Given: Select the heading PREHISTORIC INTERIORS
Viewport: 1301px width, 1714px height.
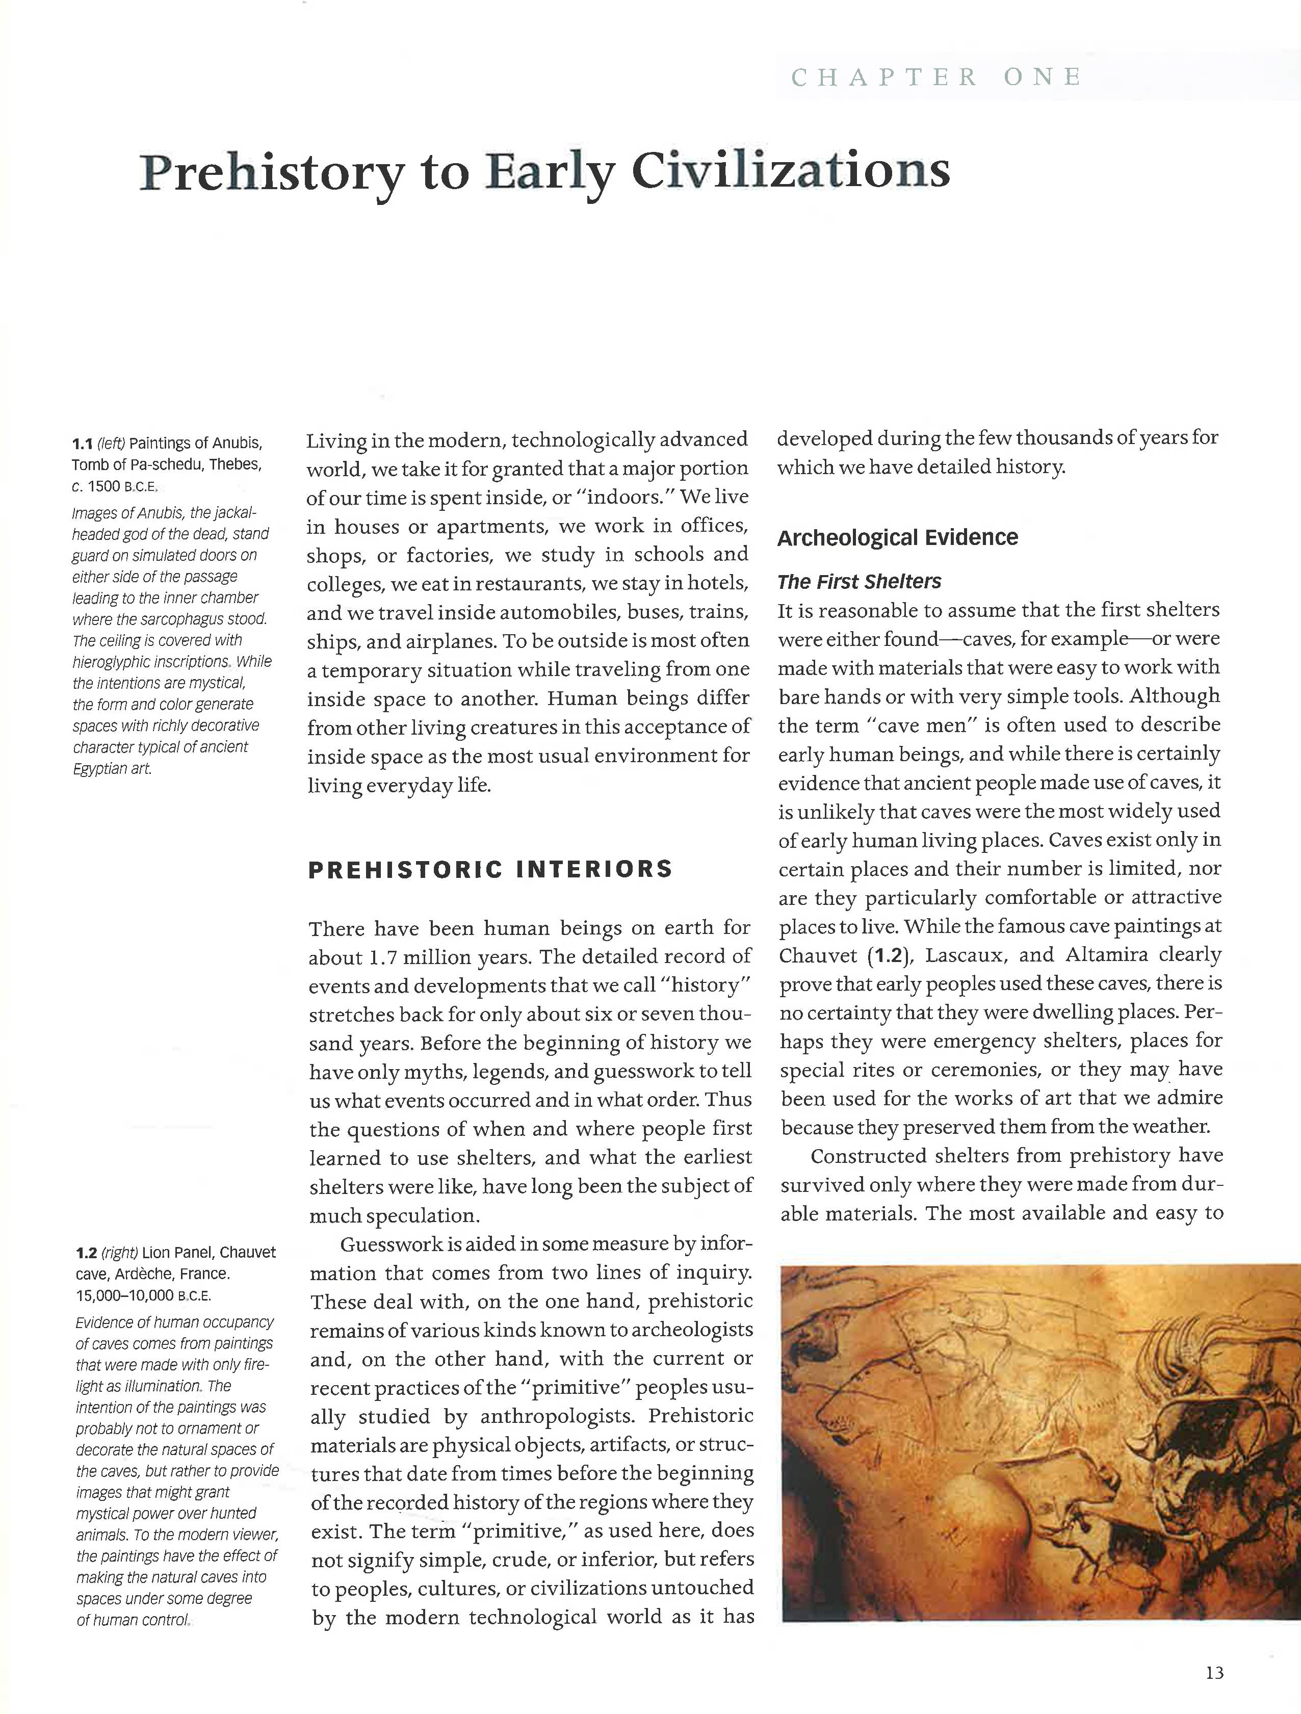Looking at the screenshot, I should click(490, 869).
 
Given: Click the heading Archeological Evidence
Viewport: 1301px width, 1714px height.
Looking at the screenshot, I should click(897, 538).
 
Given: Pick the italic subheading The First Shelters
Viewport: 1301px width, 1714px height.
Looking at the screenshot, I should click(858, 582).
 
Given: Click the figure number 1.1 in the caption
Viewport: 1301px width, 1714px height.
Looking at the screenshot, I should click(82, 444).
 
